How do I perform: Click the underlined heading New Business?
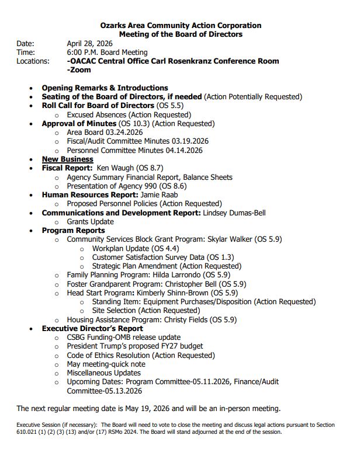[67, 159]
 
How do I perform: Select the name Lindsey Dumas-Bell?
[234, 213]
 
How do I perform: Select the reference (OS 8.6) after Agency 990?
[166, 186]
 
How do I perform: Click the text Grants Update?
[90, 221]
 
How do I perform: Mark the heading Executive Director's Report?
[92, 328]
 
